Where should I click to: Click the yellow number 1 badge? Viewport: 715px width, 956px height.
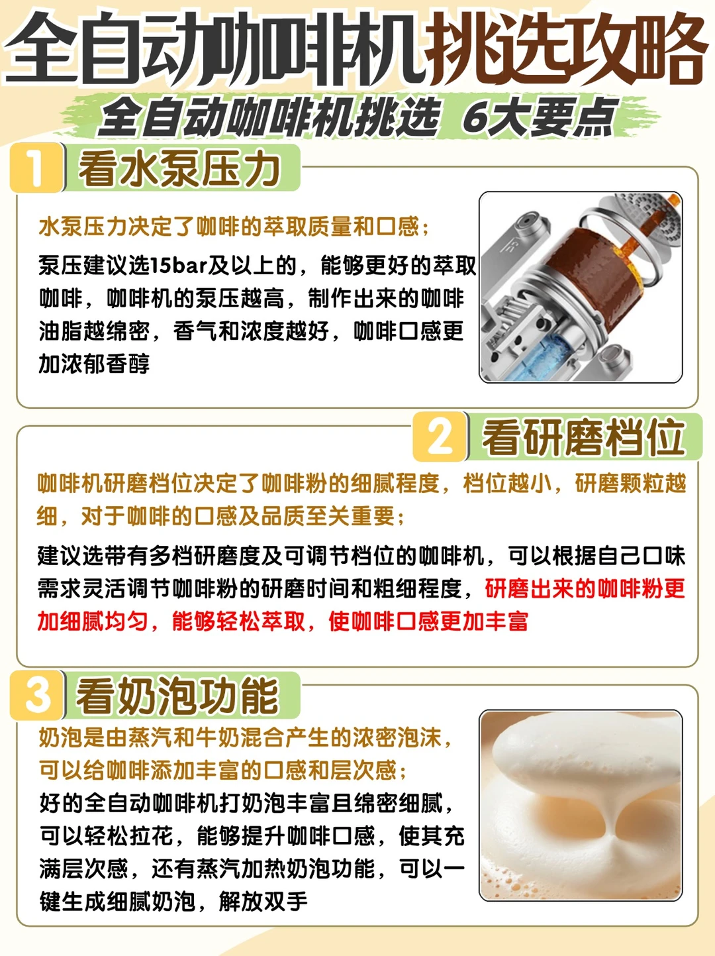pos(36,168)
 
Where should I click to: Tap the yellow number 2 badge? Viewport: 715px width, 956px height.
pos(440,437)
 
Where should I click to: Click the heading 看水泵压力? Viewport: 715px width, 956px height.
pos(179,169)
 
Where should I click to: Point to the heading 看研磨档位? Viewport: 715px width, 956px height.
pos(583,437)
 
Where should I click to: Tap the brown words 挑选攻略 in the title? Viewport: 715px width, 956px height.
pos(567,49)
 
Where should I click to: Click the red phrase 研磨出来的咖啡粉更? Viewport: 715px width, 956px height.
pos(585,589)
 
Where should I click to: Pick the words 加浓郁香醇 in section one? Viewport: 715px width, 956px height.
pos(94,364)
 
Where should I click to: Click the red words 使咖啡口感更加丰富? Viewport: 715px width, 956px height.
pos(428,621)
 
